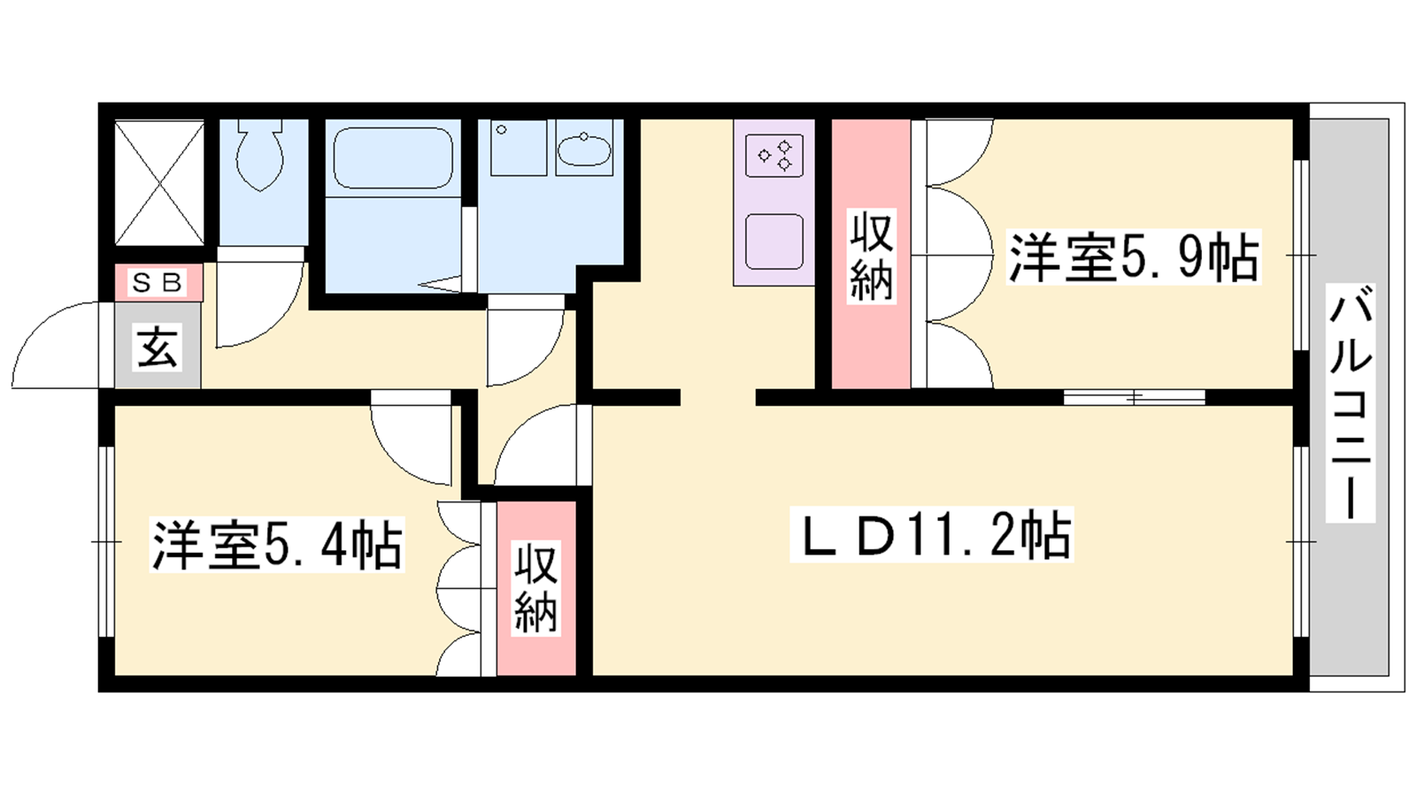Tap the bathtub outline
tap(393, 158)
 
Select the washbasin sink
tap(584, 149)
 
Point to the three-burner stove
tap(774, 155)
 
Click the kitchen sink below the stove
tap(774, 242)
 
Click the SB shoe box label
tap(158, 282)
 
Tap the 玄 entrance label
tap(157, 346)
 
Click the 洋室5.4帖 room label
tap(277, 545)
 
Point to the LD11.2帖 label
tap(932, 534)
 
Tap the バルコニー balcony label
tap(1351, 402)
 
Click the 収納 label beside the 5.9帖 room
tap(871, 256)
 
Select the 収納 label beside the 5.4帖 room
tap(535, 589)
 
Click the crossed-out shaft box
tap(159, 183)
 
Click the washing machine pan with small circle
tap(519, 148)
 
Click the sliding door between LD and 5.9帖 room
tap(1135, 397)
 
